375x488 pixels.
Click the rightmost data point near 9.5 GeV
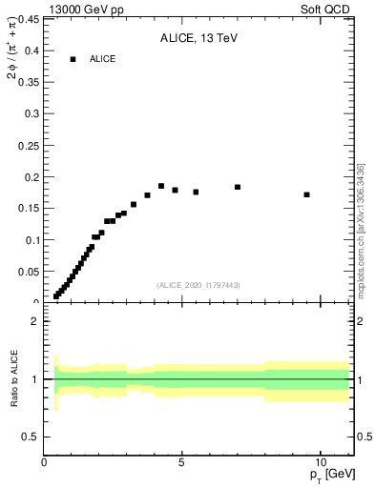coord(306,194)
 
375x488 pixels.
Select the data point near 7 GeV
coord(238,187)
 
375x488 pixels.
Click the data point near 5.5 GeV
coord(196,192)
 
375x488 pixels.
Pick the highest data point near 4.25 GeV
coord(161,186)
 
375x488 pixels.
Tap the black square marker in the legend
coord(73,59)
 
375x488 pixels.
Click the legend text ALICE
coord(103,59)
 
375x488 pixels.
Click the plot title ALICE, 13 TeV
coord(198,37)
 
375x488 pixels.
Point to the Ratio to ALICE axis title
coord(14,380)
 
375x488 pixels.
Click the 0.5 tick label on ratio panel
coord(31,437)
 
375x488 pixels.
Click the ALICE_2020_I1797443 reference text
coord(198,285)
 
